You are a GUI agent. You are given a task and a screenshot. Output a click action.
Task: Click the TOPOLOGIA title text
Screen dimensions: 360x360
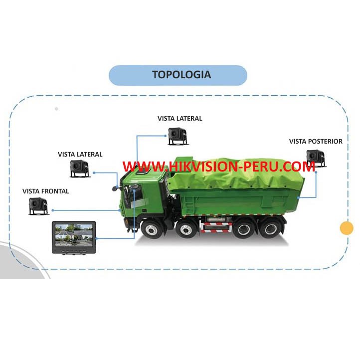pyautogui.click(x=181, y=75)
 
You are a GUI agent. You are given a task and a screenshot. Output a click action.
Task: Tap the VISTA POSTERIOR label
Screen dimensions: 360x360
pyautogui.click(x=316, y=141)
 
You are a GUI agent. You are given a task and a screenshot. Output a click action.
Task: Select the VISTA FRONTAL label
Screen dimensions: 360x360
pyautogui.click(x=46, y=191)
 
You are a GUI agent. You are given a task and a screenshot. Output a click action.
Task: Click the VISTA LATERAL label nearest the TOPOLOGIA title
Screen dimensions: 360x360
pyautogui.click(x=180, y=118)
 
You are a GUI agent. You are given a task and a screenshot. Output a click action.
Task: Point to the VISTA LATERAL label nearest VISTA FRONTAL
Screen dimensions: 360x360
pyautogui.click(x=80, y=154)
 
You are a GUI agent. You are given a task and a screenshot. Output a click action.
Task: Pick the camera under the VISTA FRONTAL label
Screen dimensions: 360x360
pyautogui.click(x=38, y=205)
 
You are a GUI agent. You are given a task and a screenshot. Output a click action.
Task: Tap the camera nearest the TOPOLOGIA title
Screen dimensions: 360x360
pyautogui.click(x=177, y=135)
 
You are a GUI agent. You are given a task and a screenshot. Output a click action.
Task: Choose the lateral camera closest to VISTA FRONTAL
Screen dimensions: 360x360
pyautogui.click(x=80, y=169)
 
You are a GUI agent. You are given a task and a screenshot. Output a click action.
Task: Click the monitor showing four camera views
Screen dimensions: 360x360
pyautogui.click(x=74, y=236)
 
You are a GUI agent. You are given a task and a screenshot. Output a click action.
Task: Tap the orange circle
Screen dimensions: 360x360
pyautogui.click(x=346, y=228)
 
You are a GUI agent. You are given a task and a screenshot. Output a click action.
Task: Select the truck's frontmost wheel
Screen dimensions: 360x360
pyautogui.click(x=151, y=229)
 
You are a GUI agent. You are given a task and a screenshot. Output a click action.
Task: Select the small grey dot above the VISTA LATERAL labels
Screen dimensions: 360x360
pyautogui.click(x=56, y=108)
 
